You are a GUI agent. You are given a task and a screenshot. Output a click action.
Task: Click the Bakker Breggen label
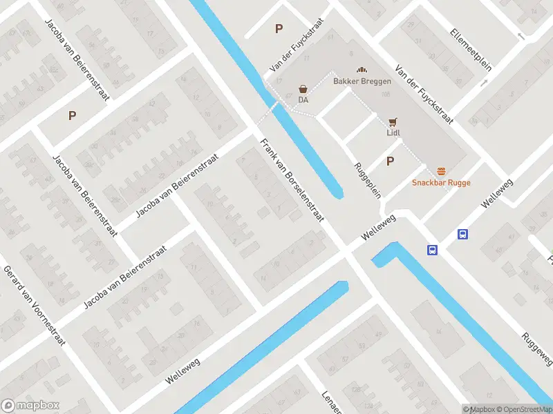click(x=362, y=81)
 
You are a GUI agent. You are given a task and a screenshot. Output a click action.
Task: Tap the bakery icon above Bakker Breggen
click(x=361, y=70)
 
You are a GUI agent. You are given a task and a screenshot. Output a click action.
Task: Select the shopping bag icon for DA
click(x=303, y=89)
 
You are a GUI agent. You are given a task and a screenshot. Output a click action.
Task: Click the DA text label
click(x=303, y=100)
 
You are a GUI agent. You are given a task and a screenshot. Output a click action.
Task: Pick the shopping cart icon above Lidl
click(x=393, y=121)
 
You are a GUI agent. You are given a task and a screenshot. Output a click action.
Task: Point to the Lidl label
click(x=393, y=132)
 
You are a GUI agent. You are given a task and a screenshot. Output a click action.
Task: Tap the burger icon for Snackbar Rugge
click(x=441, y=171)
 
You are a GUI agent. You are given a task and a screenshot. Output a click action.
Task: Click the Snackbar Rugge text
click(x=441, y=183)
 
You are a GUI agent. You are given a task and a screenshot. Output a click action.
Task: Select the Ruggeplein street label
click(x=368, y=180)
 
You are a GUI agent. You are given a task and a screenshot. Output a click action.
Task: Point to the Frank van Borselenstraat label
click(x=292, y=180)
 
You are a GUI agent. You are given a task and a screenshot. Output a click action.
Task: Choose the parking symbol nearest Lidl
click(x=390, y=161)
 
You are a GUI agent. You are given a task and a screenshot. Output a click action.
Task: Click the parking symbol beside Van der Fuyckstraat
click(x=279, y=29)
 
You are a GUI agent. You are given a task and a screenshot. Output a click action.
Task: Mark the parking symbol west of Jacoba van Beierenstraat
click(x=72, y=116)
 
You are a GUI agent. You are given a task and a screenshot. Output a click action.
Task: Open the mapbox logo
click(x=30, y=406)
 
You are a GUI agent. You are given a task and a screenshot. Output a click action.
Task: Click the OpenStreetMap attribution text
click(x=523, y=409)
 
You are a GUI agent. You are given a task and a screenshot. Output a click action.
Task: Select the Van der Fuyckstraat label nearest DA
click(x=287, y=55)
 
